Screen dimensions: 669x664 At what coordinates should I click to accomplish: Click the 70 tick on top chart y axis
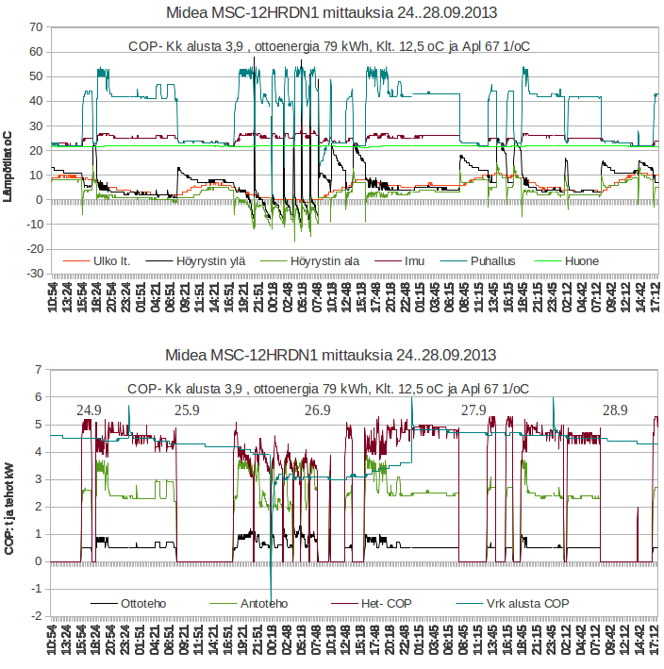tap(36, 26)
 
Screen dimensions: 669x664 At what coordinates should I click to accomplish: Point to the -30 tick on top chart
tap(33, 274)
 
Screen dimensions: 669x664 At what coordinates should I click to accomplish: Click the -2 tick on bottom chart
tap(36, 616)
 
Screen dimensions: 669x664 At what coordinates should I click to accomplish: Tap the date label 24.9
tap(90, 410)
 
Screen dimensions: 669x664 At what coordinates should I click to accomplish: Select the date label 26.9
tap(318, 410)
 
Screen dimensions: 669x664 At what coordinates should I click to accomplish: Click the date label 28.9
tap(614, 410)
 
